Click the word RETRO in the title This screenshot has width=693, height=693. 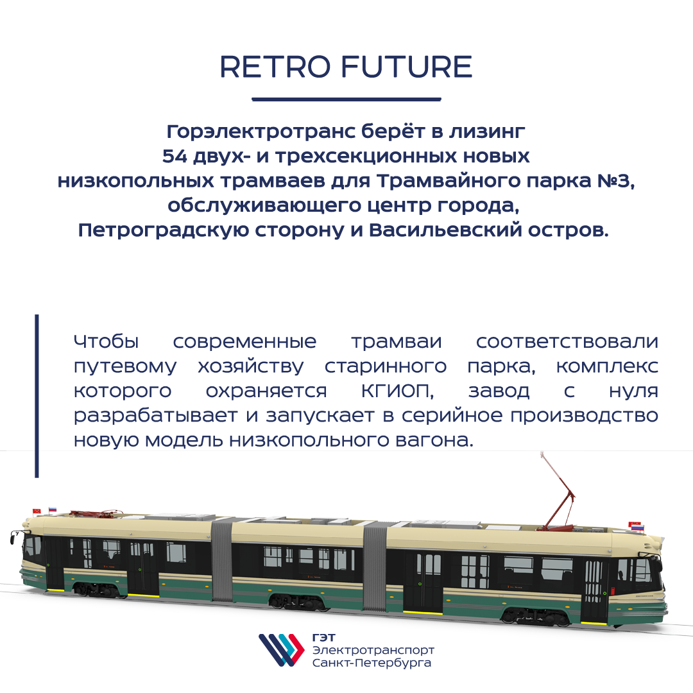coord(275,67)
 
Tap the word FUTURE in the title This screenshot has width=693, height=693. coord(407,67)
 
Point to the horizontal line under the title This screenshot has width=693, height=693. coord(346,99)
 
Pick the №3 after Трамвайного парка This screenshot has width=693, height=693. coord(615,181)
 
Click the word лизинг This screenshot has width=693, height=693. coord(488,132)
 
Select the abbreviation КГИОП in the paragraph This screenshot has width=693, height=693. coord(397,391)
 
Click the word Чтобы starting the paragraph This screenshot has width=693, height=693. coord(106,341)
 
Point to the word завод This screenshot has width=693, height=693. coord(499,391)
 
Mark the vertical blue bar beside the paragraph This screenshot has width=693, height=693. coord(37,396)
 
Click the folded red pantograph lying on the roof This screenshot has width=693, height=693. coord(96,513)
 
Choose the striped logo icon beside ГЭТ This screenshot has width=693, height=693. coord(282,650)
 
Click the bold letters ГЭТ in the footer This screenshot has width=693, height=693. coord(323,638)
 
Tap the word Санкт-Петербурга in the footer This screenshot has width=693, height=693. coord(372,663)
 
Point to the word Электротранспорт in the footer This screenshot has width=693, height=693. coord(373,651)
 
